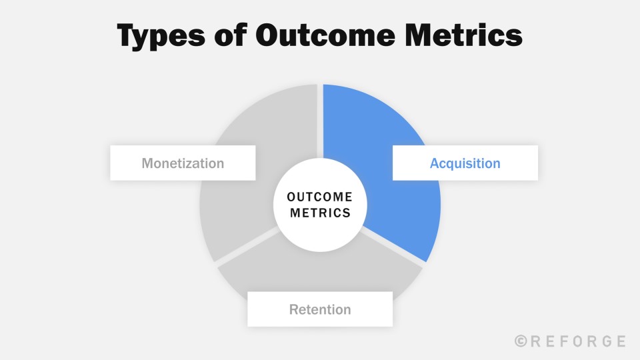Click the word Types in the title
(161, 36)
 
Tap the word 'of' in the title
(231, 34)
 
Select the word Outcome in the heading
(325, 34)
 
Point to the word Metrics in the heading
(464, 34)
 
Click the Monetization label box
(183, 163)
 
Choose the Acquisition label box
(465, 163)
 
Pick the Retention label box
(320, 309)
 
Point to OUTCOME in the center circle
(319, 197)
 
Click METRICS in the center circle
(320, 213)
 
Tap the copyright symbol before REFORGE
(521, 341)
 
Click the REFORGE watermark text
(578, 341)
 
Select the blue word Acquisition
(465, 163)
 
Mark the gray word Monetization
(183, 163)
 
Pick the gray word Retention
(320, 309)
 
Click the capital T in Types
(128, 34)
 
